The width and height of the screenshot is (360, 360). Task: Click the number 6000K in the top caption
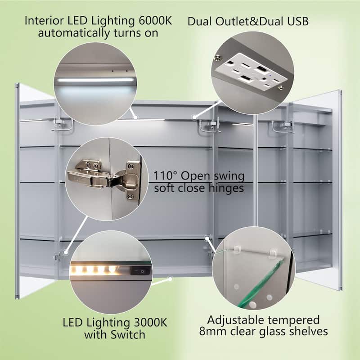pyautogui.click(x=155, y=21)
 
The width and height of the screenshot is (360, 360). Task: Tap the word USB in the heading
pyautogui.click(x=298, y=21)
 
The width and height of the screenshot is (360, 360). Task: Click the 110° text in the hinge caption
pyautogui.click(x=165, y=176)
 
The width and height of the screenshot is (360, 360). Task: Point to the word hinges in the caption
pyautogui.click(x=226, y=188)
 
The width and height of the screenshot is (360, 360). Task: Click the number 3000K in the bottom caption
pyautogui.click(x=151, y=323)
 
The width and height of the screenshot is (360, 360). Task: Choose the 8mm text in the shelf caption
pyautogui.click(x=213, y=331)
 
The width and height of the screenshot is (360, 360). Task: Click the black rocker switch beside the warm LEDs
pyautogui.click(x=140, y=271)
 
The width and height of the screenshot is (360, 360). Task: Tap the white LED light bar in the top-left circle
pyautogui.click(x=95, y=80)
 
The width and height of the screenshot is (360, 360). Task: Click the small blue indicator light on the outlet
pyautogui.click(x=270, y=75)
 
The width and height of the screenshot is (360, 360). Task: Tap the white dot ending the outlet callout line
pyautogui.click(x=194, y=117)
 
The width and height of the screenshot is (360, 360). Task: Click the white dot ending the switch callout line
pyautogui.click(x=170, y=279)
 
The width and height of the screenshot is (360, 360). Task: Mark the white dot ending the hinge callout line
pyautogui.click(x=66, y=252)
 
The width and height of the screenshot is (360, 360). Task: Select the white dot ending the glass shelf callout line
pyautogui.click(x=207, y=238)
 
